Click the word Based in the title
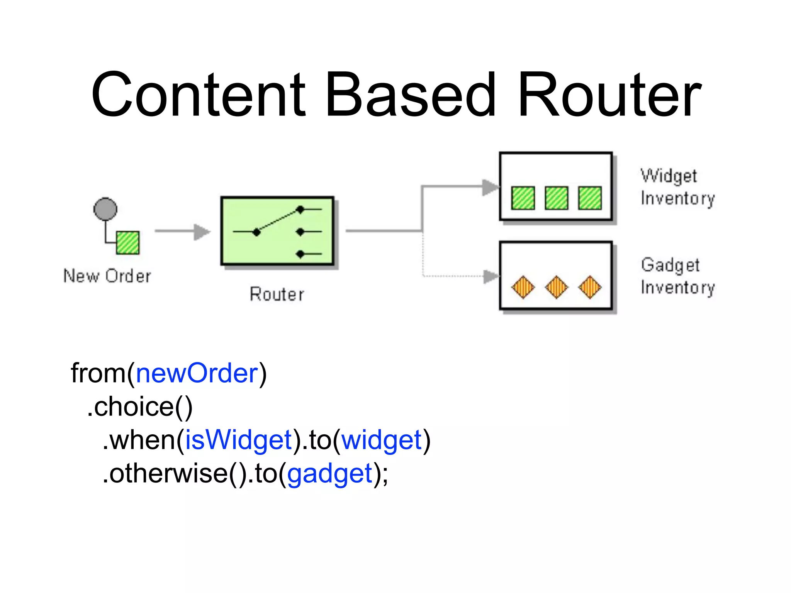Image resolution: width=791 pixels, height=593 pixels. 410,95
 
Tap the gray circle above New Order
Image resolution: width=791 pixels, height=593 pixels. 105,209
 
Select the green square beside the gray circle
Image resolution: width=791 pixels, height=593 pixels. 128,242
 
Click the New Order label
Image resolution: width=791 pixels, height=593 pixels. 107,276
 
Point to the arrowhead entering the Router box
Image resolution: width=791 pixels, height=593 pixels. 202,232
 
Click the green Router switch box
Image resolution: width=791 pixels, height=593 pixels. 277,231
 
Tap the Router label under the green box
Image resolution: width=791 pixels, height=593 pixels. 277,294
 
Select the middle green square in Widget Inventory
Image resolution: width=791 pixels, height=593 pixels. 556,198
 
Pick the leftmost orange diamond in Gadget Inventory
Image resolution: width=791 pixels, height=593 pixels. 523,287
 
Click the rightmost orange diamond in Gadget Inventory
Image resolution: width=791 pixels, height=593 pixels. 590,287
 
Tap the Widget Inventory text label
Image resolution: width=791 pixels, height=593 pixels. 677,187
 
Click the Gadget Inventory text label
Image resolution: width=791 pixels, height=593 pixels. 677,276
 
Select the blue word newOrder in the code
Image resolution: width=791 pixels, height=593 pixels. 197,373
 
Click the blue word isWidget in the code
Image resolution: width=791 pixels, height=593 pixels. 238,440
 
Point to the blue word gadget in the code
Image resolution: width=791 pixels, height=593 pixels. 329,474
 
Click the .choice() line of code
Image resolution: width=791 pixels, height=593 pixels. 140,407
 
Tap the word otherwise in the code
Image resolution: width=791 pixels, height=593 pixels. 168,474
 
